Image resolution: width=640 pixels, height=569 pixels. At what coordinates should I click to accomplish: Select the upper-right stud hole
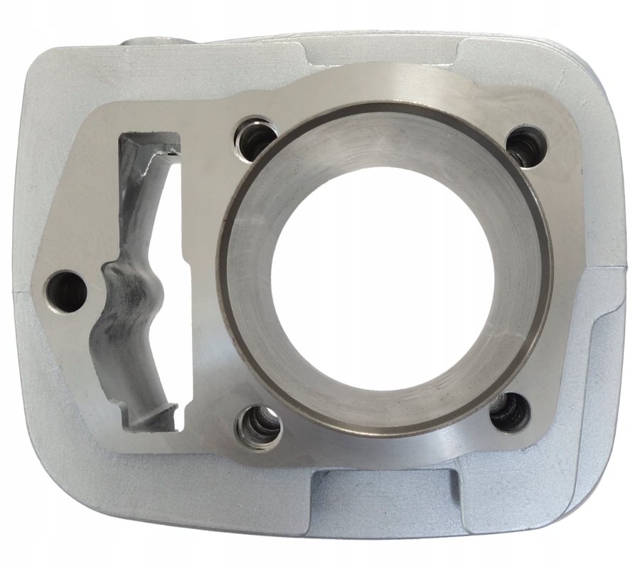[x=526, y=145]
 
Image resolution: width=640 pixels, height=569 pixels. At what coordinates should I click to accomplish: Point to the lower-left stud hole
[x=260, y=427]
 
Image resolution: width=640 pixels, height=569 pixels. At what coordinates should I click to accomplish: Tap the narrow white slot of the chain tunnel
[x=184, y=284]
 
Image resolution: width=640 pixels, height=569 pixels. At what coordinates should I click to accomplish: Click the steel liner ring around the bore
[x=235, y=284]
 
